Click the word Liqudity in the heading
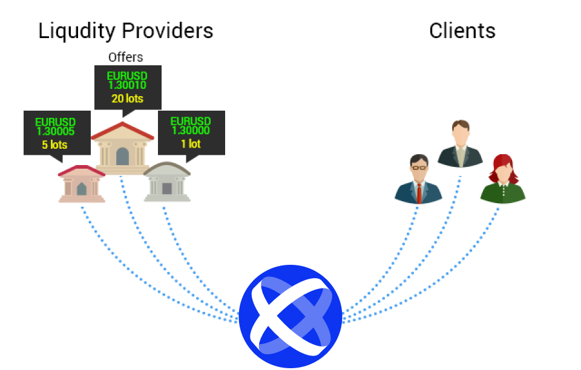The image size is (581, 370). tap(77, 31)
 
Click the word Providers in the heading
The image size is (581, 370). tap(168, 30)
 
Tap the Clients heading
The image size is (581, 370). tap(462, 30)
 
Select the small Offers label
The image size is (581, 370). tap(126, 57)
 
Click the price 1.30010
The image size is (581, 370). tap(127, 85)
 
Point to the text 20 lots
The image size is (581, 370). tap(128, 99)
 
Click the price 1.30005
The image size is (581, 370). tap(56, 131)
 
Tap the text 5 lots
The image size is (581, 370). tap(54, 144)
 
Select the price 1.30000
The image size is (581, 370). tap(191, 130)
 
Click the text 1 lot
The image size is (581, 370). tap(191, 143)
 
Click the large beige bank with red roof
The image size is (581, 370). tap(122, 148)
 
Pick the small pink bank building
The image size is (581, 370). tap(82, 184)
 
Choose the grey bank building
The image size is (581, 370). tap(167, 182)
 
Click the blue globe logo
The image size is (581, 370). tap(290, 316)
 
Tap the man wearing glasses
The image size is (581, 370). tap(419, 179)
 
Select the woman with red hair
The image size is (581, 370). tap(503, 179)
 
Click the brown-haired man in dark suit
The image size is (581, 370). tap(460, 144)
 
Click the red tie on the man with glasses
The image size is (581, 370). tap(419, 193)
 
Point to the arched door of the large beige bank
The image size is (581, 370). tap(122, 157)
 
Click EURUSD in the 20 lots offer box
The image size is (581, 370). tap(127, 76)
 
